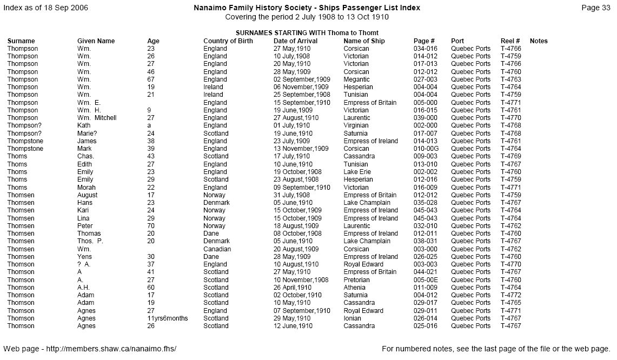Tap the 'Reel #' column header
[510, 41]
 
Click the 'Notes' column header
[539, 41]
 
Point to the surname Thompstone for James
[25, 141]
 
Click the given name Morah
[85, 188]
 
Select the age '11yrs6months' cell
[167, 318]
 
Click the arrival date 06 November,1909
[301, 87]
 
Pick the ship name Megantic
[356, 79]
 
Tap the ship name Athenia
[355, 288]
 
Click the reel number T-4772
[510, 295]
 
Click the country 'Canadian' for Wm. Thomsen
[217, 249]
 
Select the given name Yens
[84, 257]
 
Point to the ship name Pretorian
[356, 280]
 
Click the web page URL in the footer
[90, 349]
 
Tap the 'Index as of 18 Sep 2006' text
[45, 8]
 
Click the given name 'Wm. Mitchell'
[97, 118]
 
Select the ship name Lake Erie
[357, 172]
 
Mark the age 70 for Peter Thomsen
[151, 226]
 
